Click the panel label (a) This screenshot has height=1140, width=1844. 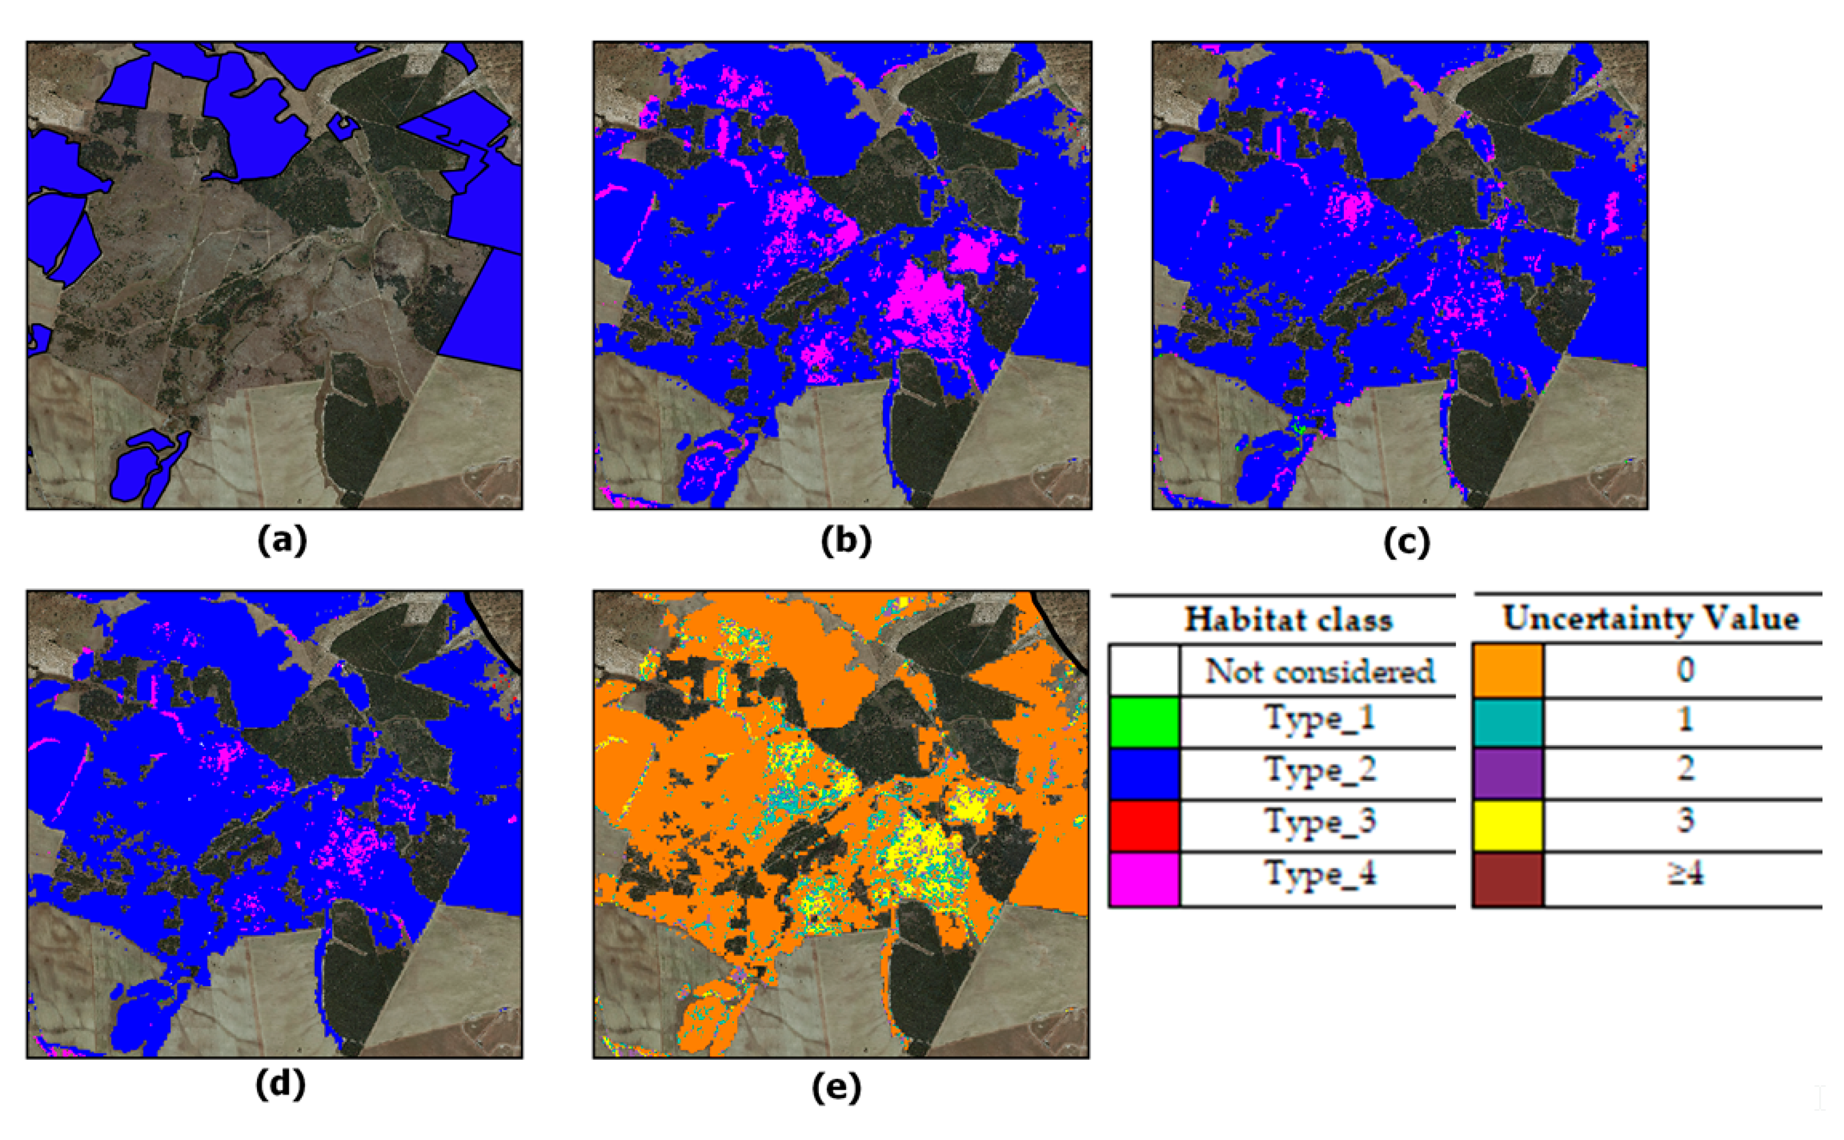point(281,541)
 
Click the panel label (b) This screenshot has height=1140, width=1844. point(846,541)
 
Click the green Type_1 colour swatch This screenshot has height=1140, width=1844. point(1144,722)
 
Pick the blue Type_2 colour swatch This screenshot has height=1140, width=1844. point(1144,774)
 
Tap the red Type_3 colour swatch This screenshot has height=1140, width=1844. point(1144,825)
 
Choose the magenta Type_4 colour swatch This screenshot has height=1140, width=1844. point(1144,878)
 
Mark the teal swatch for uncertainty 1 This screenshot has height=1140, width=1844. point(1508,722)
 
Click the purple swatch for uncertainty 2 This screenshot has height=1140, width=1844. point(1508,774)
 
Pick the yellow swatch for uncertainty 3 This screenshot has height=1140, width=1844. point(1508,825)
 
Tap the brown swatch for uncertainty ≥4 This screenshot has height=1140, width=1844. point(1508,878)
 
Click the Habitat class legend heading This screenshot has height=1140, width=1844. point(1288,619)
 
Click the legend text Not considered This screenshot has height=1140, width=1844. point(1319,670)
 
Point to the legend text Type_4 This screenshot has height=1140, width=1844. point(1319,874)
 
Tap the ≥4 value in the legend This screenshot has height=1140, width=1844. point(1685,874)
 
